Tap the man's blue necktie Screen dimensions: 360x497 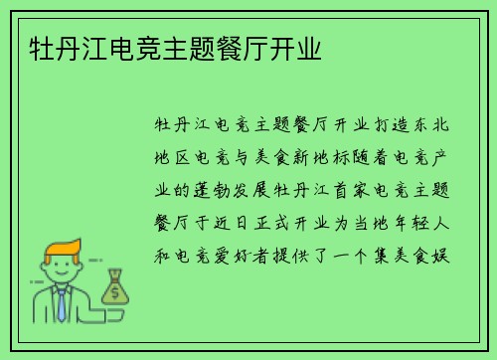62,303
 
